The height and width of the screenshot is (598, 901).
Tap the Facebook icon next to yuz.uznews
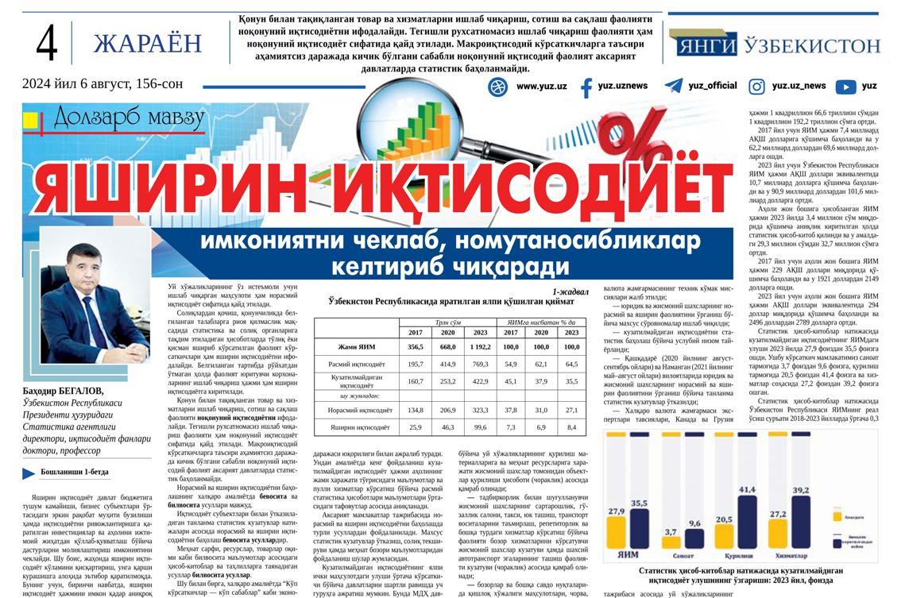point(586,87)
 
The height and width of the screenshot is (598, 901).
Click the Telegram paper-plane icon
point(674,86)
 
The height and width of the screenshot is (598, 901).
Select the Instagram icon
point(757,87)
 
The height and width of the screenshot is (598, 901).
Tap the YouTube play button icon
point(845,87)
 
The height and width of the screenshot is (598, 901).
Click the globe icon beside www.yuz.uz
point(498,86)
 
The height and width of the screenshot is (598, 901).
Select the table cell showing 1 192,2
point(480,347)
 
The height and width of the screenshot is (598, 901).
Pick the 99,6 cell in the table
point(480,427)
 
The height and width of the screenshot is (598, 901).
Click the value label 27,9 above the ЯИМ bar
point(616,512)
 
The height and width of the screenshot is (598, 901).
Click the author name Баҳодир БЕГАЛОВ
point(63,391)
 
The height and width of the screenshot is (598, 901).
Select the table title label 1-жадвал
point(571,291)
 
